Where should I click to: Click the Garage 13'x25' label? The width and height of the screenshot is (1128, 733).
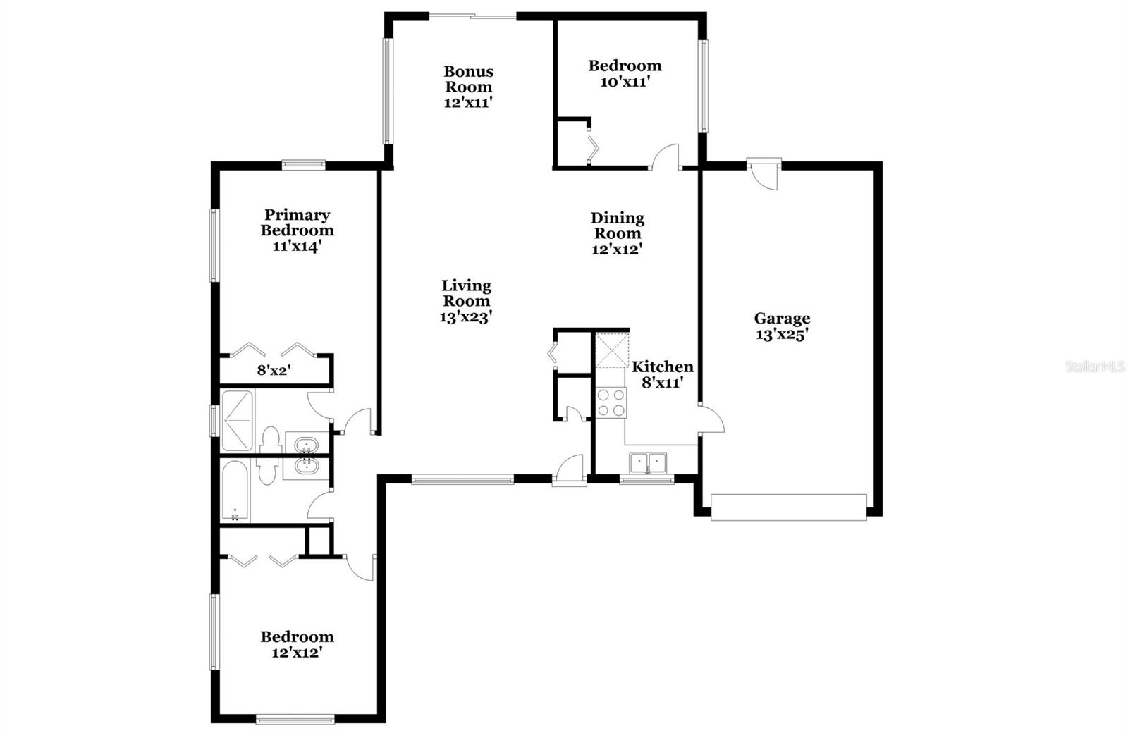pos(781,326)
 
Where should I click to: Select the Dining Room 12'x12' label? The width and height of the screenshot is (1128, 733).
pos(617,233)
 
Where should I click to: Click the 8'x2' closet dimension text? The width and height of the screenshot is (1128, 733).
pos(274,370)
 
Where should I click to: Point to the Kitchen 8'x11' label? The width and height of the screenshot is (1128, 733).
pos(661,374)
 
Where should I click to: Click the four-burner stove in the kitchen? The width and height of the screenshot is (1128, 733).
pos(611,402)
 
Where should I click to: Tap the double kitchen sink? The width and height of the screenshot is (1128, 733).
pos(648,462)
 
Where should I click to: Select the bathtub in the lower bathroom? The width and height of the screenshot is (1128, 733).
pos(235,491)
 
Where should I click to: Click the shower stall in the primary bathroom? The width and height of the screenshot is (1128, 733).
pos(237,421)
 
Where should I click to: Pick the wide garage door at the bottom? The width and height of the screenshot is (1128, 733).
pos(788,507)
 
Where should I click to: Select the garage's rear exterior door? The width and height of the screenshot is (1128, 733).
pos(764,173)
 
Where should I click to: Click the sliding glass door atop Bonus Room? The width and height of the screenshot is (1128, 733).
pos(472,16)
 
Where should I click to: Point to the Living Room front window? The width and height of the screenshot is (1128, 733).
pos(462,481)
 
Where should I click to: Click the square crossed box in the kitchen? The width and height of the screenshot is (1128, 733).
pos(611,350)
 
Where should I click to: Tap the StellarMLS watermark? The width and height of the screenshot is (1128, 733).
pos(1095,366)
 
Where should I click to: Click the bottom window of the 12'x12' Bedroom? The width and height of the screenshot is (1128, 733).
pos(295,720)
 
